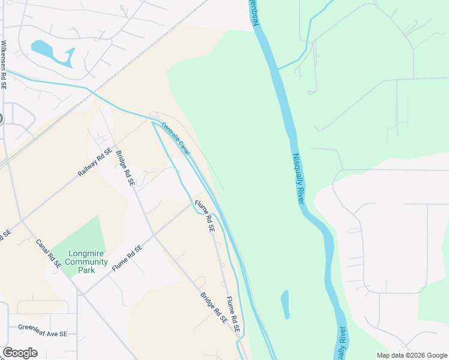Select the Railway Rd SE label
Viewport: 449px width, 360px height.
point(95,163)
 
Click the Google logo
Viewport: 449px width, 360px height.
point(20,353)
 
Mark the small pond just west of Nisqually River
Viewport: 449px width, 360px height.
point(285,304)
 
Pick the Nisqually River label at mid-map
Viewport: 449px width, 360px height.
point(299,178)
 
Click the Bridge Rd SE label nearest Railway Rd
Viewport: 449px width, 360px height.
point(124,168)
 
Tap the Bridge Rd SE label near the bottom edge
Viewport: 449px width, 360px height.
point(213,308)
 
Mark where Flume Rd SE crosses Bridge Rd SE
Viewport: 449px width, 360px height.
point(154,235)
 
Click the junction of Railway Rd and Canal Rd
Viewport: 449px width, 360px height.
point(22,221)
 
